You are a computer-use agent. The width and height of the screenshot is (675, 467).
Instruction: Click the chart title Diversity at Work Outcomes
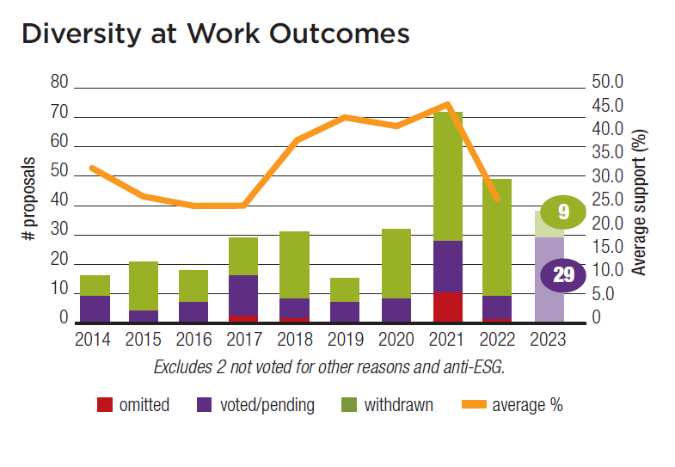click(215, 34)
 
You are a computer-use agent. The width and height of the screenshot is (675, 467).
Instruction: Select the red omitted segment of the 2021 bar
click(448, 306)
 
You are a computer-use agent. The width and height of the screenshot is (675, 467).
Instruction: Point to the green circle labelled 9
click(563, 211)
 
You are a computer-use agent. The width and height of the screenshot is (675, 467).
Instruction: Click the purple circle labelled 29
click(563, 275)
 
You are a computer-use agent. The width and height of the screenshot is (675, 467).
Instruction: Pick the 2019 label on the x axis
click(345, 338)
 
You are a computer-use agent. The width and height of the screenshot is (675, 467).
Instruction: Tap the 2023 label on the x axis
click(549, 338)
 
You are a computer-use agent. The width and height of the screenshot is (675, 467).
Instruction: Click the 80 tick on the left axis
click(58, 83)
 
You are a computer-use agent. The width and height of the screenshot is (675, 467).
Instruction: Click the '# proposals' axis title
click(28, 199)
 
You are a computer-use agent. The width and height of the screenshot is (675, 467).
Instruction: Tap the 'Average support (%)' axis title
click(638, 202)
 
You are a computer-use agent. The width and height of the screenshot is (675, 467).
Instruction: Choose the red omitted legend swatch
click(104, 404)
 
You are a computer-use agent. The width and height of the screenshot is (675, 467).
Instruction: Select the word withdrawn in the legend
click(398, 404)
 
